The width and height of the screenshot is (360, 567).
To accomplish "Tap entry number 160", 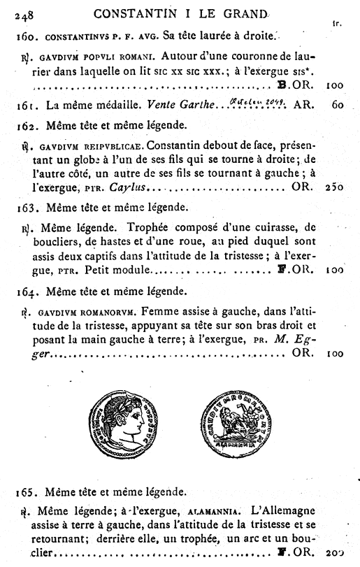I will (26, 34).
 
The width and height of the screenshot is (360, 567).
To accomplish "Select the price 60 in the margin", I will (338, 107).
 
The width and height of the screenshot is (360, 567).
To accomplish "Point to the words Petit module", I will (124, 268).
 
